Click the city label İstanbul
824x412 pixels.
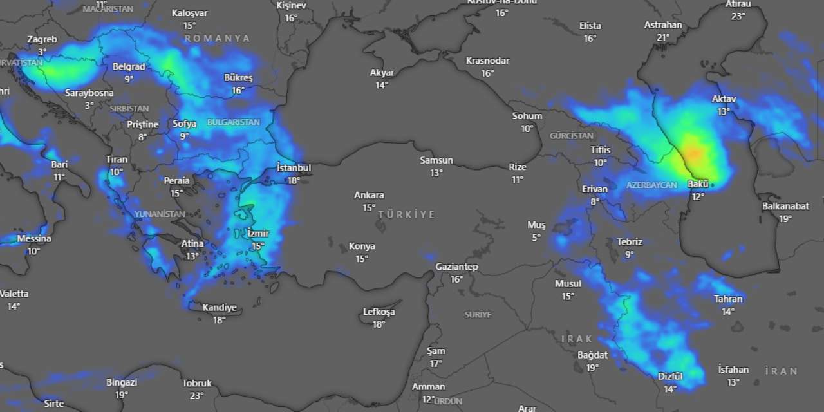click(294, 168)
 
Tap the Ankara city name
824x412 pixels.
click(369, 195)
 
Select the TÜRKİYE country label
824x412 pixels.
click(407, 214)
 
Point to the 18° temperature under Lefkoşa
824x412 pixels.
click(379, 324)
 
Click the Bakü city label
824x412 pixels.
click(698, 184)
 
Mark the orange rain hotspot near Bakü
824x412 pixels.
click(693, 153)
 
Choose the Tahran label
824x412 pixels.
click(728, 299)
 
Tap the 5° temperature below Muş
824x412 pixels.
click(536, 238)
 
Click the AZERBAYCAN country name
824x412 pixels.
click(651, 185)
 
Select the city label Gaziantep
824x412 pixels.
click(456, 267)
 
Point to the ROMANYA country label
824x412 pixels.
click(218, 39)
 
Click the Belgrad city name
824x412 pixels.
click(129, 66)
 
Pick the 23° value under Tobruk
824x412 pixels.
click(196, 396)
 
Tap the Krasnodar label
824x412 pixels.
click(487, 61)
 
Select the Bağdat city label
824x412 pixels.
click(592, 355)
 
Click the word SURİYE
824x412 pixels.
click(478, 315)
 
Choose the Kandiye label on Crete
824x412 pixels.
click(220, 307)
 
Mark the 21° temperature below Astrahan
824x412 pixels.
click(663, 38)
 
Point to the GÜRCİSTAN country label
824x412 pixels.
click(572, 136)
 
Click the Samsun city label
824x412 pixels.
click(436, 160)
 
